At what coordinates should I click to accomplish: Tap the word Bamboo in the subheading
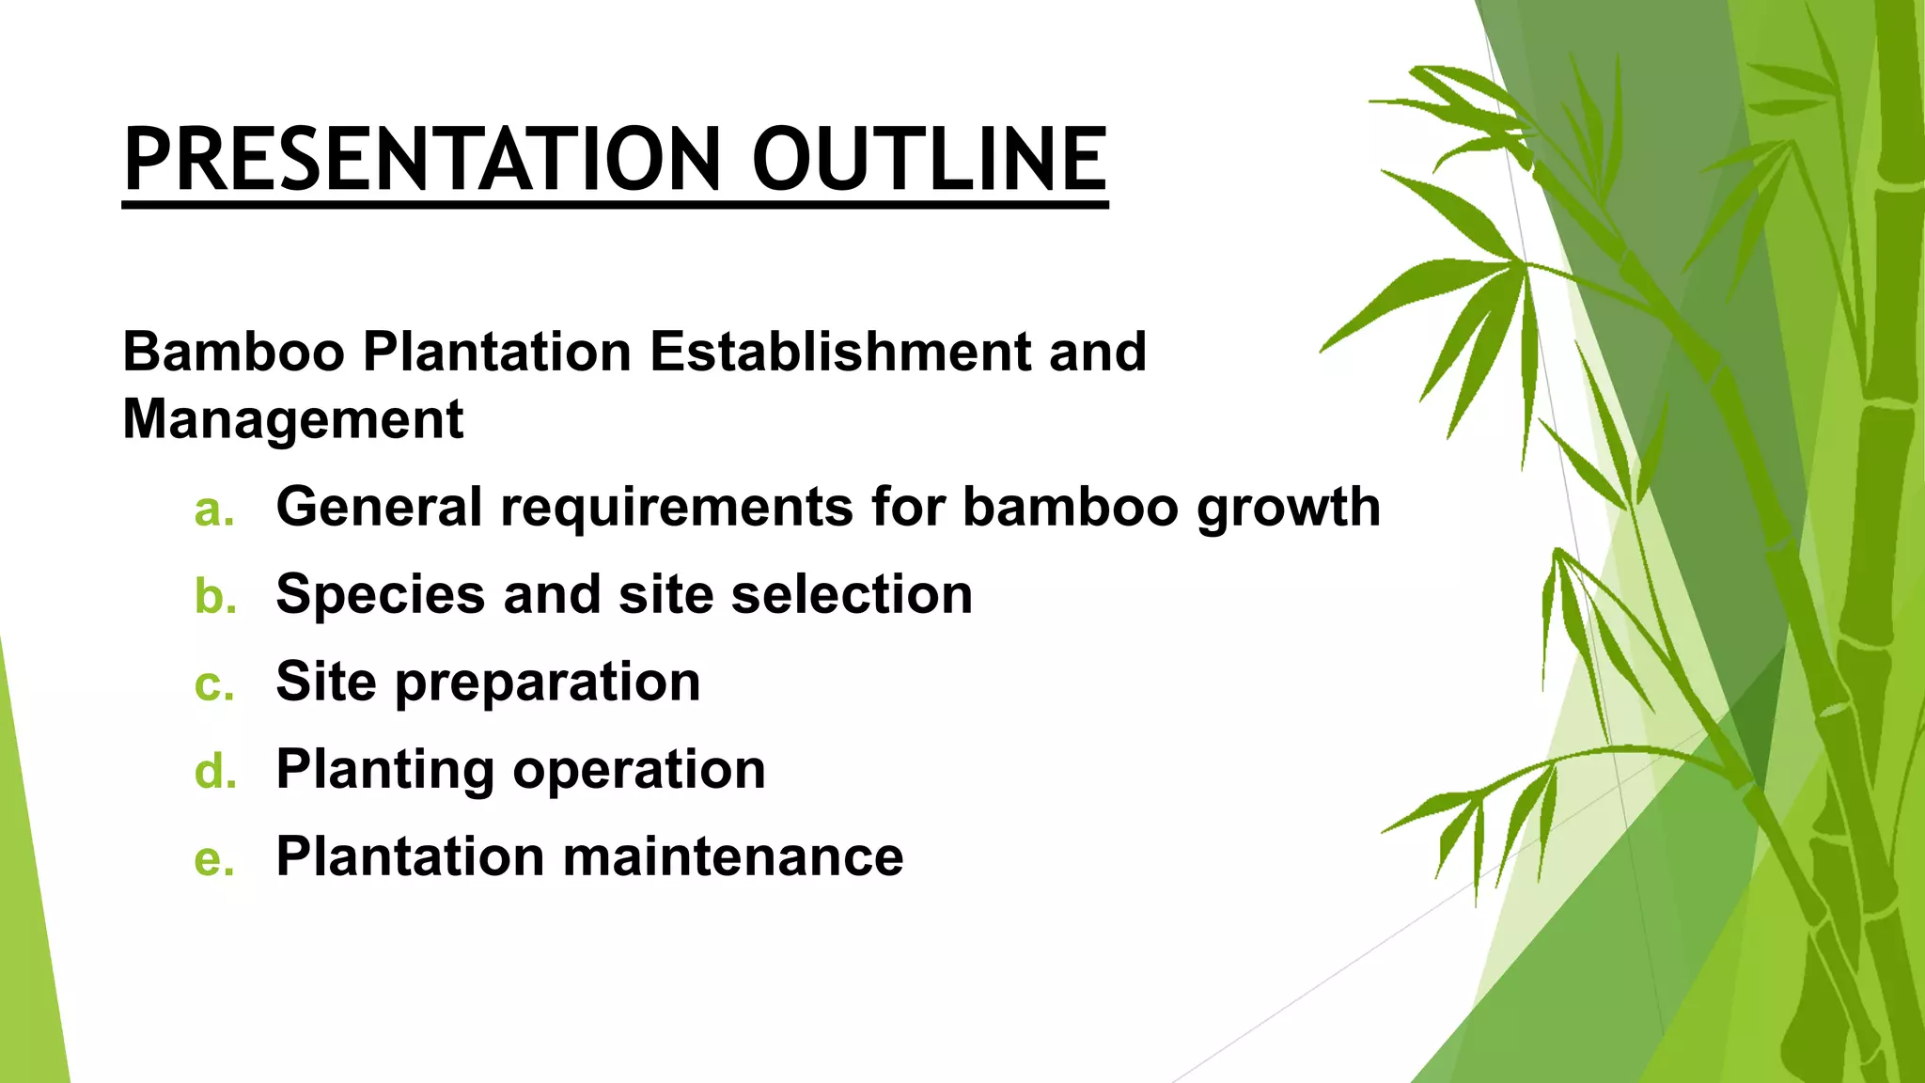(x=233, y=352)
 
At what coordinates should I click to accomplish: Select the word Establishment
(x=840, y=352)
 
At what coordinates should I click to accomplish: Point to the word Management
(x=292, y=418)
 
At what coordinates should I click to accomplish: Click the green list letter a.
(x=213, y=510)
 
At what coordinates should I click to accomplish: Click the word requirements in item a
(x=676, y=508)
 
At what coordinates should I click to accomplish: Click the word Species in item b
(x=380, y=595)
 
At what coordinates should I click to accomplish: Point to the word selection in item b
(x=852, y=594)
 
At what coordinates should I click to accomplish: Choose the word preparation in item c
(x=547, y=683)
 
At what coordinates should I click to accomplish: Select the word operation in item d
(x=639, y=770)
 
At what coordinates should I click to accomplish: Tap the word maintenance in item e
(x=733, y=856)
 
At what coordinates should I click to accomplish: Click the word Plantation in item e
(x=410, y=856)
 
